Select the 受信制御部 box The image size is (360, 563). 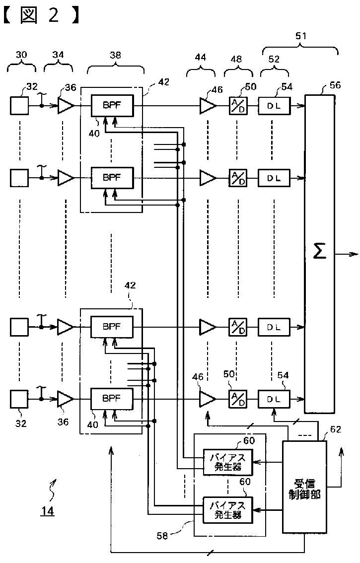pos(304,487)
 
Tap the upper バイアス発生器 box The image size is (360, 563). pos(228,462)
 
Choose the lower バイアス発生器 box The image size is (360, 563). pos(228,510)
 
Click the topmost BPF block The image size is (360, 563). pos(112,105)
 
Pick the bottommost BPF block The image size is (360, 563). pos(111,399)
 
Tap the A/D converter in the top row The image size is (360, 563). pos(237,106)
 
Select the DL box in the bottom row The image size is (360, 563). pos(274,399)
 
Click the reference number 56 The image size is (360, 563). pos(335,85)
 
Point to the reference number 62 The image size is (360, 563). pos(335,429)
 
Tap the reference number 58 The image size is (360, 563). pos(162,536)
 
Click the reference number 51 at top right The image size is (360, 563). pos(301,36)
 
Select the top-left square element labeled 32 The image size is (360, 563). pos(19,106)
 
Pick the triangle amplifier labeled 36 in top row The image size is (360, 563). pos(66,106)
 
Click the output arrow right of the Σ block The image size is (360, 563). pos(347,254)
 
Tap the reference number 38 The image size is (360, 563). pos(115,55)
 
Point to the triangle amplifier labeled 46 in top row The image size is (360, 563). pos(208,106)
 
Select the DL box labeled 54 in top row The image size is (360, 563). pos(274,106)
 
